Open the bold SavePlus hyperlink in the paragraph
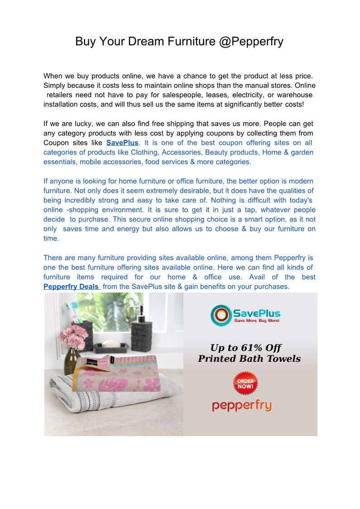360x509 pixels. (122, 143)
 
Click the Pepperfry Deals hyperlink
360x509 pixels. (72, 287)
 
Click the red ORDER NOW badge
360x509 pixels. (245, 384)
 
